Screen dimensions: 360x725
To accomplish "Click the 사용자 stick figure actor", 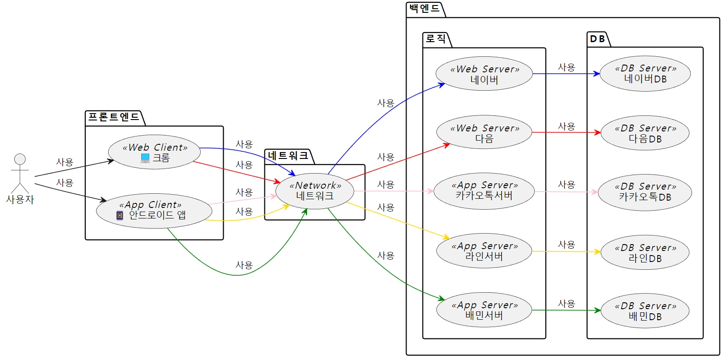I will coord(20,174).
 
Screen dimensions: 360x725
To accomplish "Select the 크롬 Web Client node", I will coord(154,152).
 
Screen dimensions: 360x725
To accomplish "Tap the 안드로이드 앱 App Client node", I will coord(154,210).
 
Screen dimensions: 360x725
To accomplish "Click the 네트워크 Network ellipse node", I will coord(315,191).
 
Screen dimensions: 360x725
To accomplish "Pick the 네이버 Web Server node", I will coord(484,74).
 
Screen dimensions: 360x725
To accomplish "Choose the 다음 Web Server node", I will coord(484,132).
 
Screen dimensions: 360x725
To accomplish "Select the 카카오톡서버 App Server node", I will coord(484,191).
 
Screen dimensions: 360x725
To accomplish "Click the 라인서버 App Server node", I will coord(484,251).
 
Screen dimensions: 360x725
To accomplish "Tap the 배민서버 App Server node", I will coord(484,310).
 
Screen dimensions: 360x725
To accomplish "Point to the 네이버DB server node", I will coord(645,73).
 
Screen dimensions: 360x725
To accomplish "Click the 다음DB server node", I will coord(645,133).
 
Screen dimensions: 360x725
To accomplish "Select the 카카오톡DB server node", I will coord(645,191).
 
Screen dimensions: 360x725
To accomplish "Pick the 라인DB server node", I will coord(645,253).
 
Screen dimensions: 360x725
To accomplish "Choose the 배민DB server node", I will coord(645,311).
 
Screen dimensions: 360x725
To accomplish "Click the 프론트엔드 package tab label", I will coord(114,117).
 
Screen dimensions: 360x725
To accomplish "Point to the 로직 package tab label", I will coord(435,39).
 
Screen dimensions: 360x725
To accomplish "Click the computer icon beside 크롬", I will coord(145,158).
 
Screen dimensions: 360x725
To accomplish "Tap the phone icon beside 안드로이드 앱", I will coord(120,215).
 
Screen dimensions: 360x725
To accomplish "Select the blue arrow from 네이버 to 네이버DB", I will coord(566,74).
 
